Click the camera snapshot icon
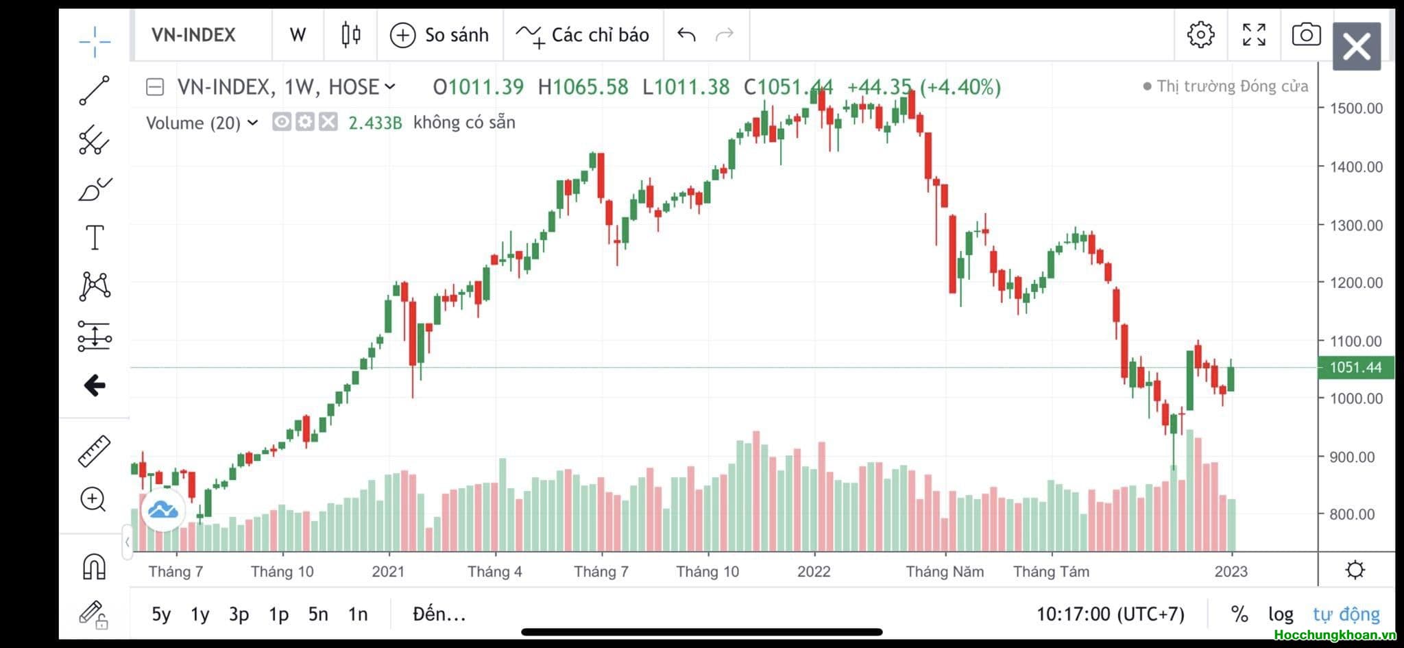click(x=1305, y=34)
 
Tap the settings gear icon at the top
click(x=1200, y=34)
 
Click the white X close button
click(x=1356, y=47)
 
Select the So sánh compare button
click(x=439, y=35)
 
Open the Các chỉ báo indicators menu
click(x=583, y=35)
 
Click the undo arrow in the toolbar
click(x=686, y=34)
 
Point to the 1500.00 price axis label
click(x=1356, y=108)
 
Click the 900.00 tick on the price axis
click(x=1352, y=457)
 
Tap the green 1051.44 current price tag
click(x=1355, y=368)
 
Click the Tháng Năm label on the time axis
click(x=944, y=572)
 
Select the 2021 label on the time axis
click(x=388, y=572)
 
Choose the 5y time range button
click(x=161, y=614)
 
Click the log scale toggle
click(x=1281, y=614)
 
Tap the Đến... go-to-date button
click(x=439, y=614)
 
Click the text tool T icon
click(x=95, y=238)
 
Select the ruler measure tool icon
click(x=95, y=451)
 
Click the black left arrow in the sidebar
click(x=95, y=385)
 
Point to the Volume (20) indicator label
click(x=194, y=123)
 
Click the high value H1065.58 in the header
click(x=583, y=87)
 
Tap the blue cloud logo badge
click(x=163, y=510)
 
